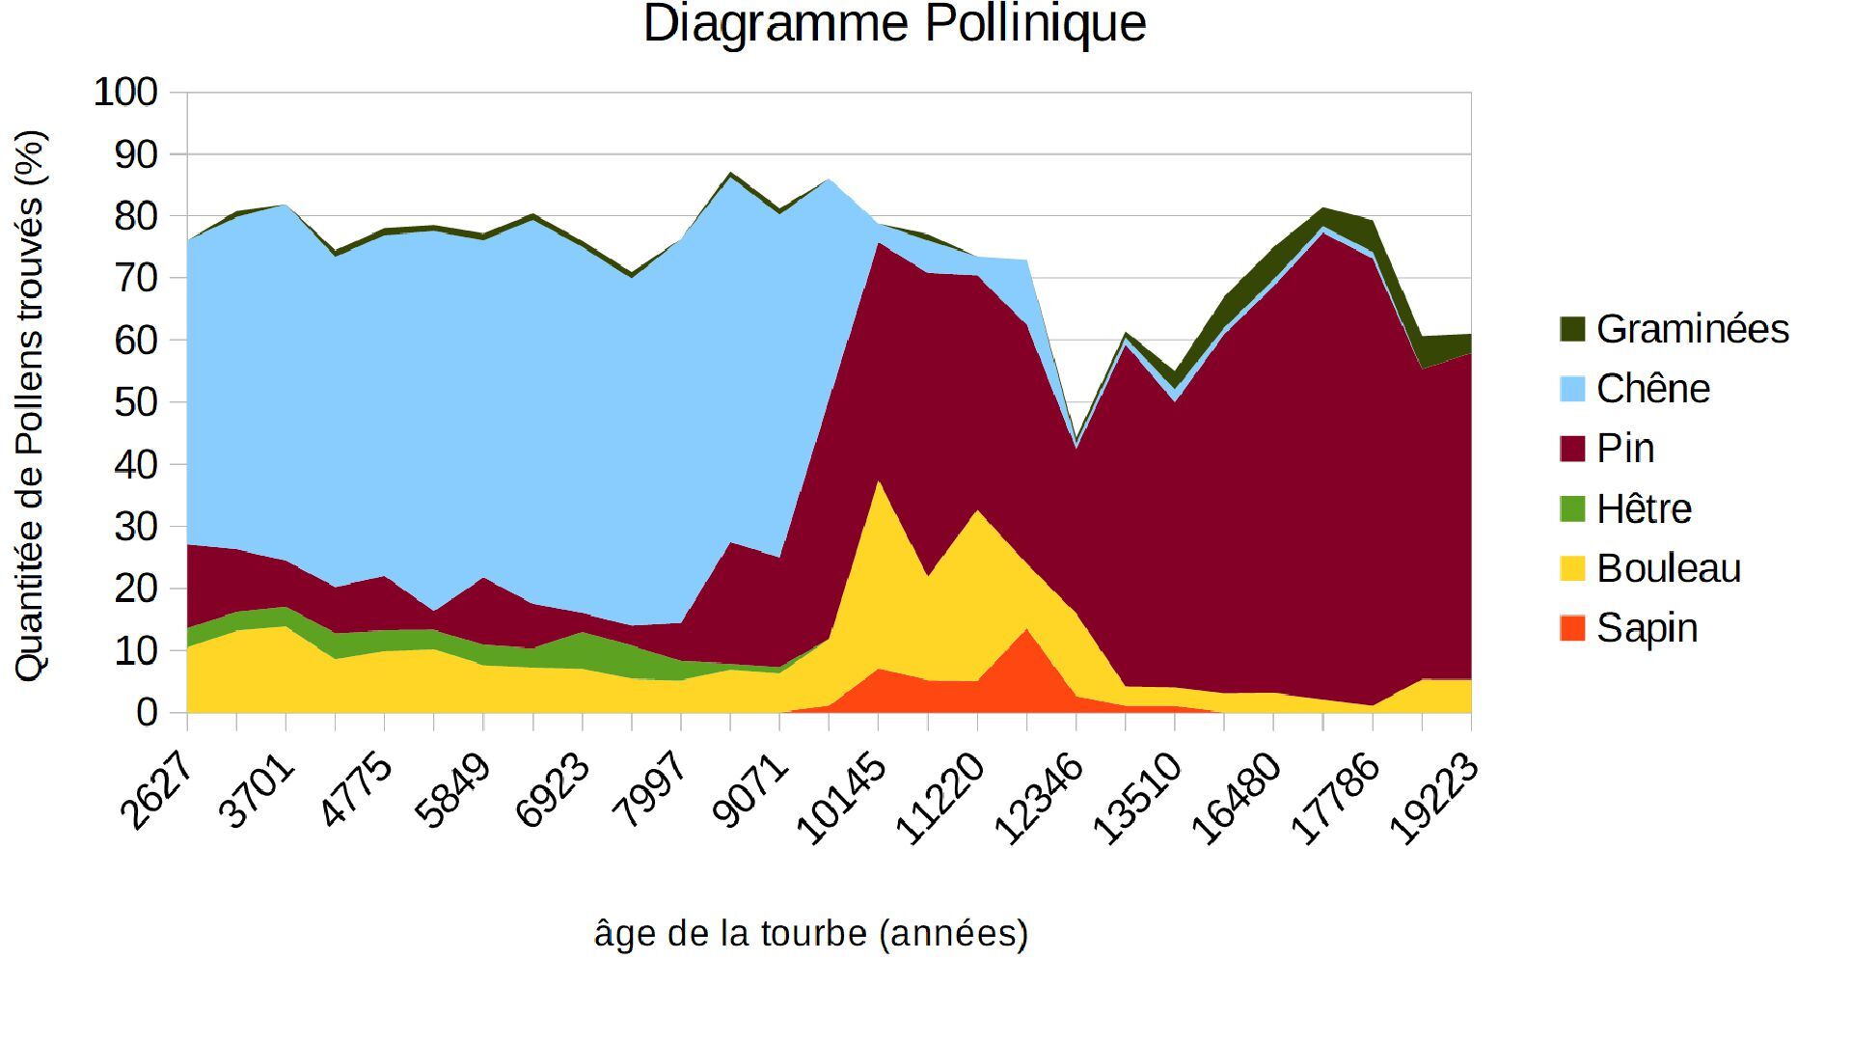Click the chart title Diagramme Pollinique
(x=894, y=25)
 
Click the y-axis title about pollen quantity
(x=30, y=405)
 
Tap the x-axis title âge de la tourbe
(x=811, y=933)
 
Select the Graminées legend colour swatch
(x=1572, y=329)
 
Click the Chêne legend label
(x=1652, y=389)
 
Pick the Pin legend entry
(x=1624, y=449)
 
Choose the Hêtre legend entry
(x=1643, y=508)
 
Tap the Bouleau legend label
(x=1668, y=568)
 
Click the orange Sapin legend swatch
(x=1572, y=628)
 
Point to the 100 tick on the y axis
(x=125, y=93)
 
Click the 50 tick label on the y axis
(x=135, y=402)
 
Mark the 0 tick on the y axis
(x=147, y=713)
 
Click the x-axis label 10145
(x=841, y=799)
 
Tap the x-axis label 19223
(x=1435, y=799)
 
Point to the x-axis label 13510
(x=1138, y=799)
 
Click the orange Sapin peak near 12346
(x=1026, y=666)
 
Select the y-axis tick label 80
(x=135, y=216)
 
